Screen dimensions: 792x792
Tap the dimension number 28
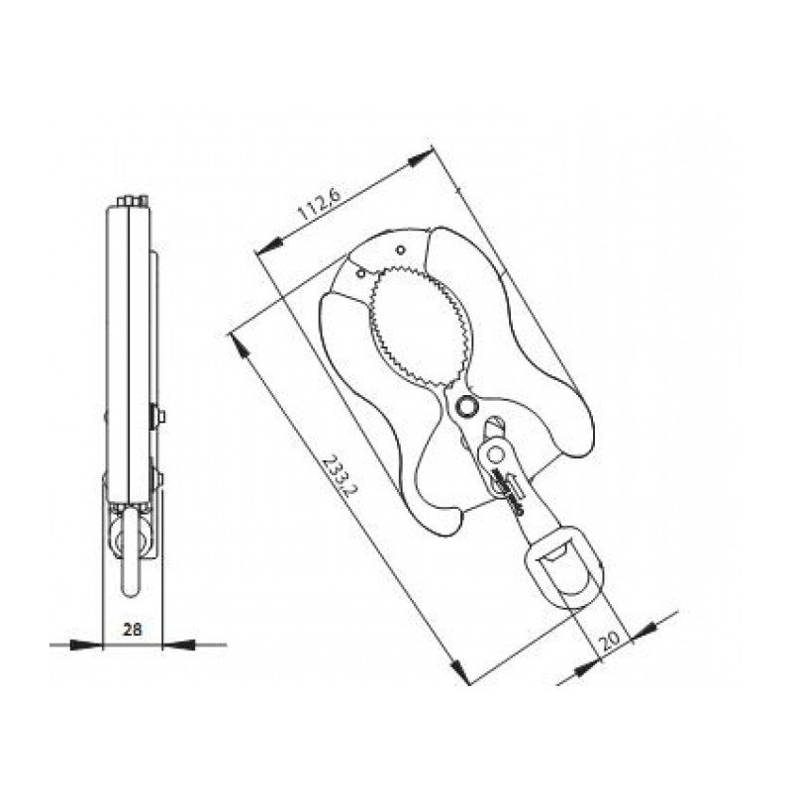pos(133,630)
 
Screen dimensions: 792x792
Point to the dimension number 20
pos(609,640)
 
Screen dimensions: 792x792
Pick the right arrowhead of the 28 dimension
pos(178,644)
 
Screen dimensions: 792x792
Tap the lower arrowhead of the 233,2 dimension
pos(459,670)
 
